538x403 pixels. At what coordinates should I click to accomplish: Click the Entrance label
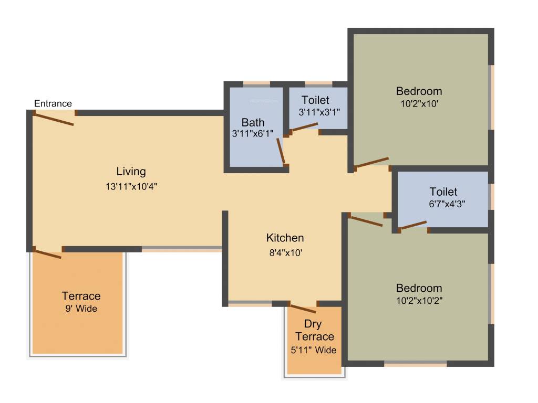53,103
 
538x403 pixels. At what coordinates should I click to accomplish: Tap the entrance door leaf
55,120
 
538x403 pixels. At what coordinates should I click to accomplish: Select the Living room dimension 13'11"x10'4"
131,186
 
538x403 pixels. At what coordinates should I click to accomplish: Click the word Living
131,172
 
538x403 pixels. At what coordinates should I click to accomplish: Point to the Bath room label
253,122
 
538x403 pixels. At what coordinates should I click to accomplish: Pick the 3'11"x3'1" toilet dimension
319,112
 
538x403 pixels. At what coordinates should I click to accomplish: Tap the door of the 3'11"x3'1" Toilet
305,127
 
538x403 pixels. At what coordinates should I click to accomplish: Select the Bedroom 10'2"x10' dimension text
419,103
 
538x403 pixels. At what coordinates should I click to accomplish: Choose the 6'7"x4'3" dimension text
447,204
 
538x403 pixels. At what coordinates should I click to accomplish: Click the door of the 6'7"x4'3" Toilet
413,225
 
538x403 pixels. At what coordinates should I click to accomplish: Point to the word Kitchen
285,238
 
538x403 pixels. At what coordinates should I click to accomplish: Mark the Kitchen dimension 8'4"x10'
286,253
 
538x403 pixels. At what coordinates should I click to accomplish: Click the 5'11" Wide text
314,350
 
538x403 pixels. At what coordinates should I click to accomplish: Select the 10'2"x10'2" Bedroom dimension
419,301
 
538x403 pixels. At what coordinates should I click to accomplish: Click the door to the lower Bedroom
366,221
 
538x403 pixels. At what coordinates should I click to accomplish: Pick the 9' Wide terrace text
81,309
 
